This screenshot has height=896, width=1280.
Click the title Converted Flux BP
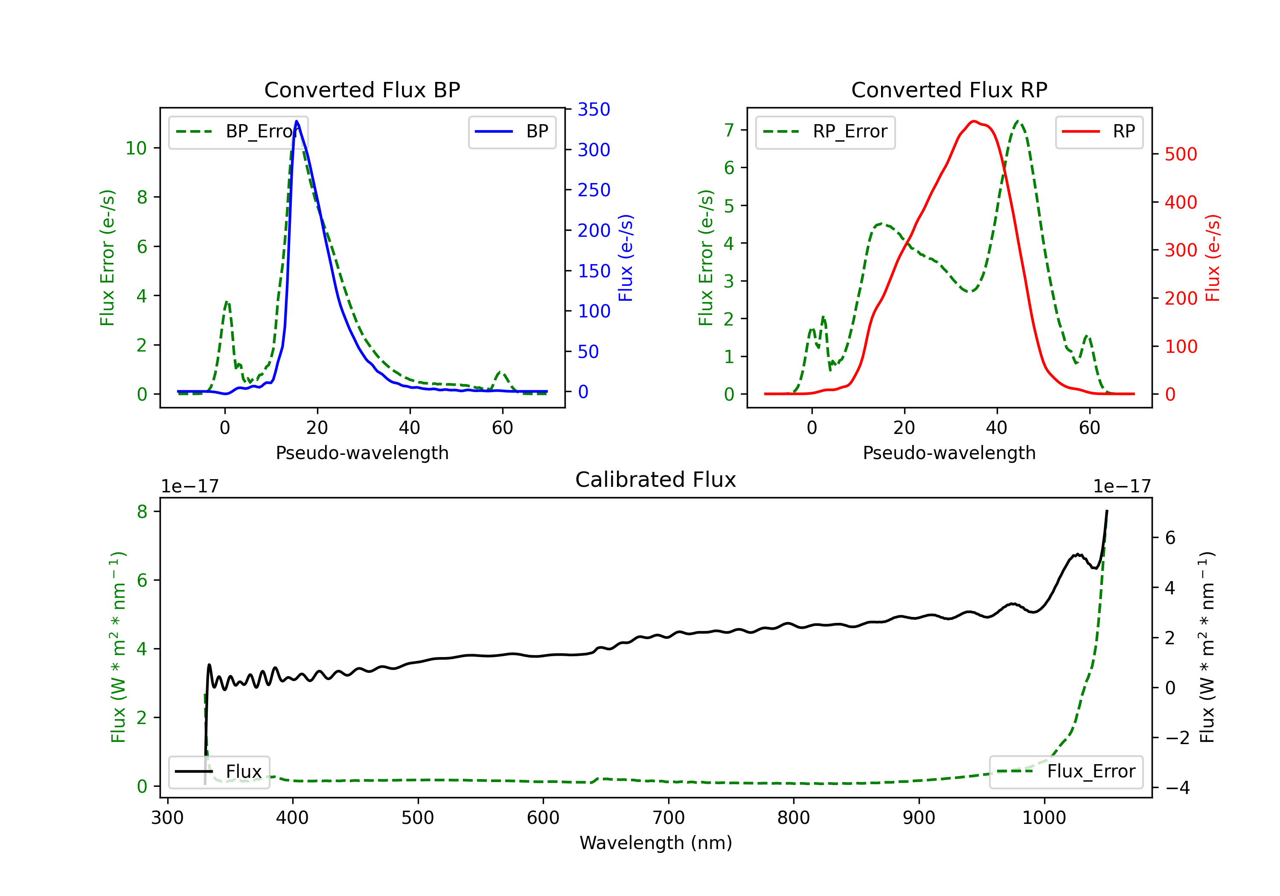pos(362,90)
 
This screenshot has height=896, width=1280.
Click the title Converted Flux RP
pos(949,90)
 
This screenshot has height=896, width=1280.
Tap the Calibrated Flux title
pos(656,480)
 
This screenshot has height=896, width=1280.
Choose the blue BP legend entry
pos(512,131)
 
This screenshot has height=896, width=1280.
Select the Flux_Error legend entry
pos(1066,772)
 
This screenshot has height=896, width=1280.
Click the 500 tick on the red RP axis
pos(1181,154)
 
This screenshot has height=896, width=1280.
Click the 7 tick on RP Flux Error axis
pos(729,130)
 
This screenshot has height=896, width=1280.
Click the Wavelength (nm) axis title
pos(656,843)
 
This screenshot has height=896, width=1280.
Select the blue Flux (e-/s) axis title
pos(626,258)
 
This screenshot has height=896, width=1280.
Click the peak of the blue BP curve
pos(297,121)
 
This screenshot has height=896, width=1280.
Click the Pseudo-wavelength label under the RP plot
pos(949,453)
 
